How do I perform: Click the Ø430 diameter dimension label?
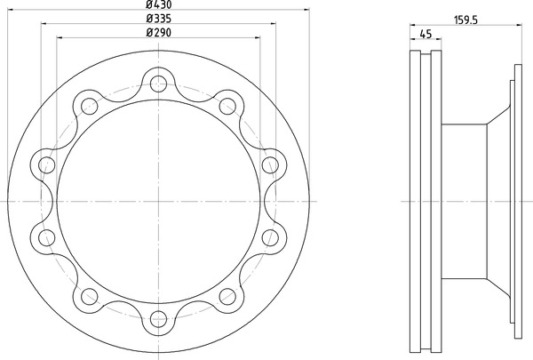tap(158, 4)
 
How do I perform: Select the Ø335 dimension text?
tap(158, 19)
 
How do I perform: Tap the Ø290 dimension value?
tap(158, 32)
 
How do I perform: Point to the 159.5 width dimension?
tap(465, 20)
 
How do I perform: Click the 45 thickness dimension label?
tap(426, 34)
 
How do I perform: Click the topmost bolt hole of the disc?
tap(158, 84)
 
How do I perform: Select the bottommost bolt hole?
tap(158, 319)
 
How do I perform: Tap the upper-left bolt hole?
tap(90, 106)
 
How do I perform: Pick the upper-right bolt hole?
tap(227, 106)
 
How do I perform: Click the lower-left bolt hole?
tap(90, 296)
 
